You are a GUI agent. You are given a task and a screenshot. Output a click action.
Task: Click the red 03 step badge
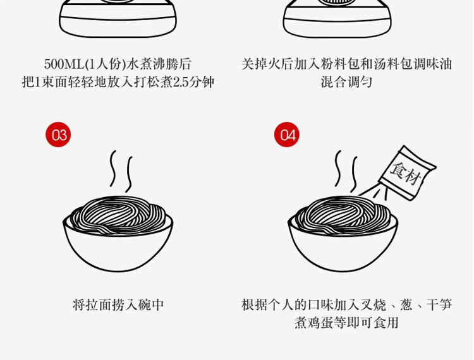point(58,135)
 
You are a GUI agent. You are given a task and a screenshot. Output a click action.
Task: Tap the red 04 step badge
point(287,135)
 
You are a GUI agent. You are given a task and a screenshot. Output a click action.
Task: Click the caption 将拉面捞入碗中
point(118,304)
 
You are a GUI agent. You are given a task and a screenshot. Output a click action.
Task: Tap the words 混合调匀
point(346,82)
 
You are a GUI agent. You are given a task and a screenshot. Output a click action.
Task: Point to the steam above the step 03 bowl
point(121,170)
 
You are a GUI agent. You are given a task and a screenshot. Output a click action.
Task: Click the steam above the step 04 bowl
point(346,170)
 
